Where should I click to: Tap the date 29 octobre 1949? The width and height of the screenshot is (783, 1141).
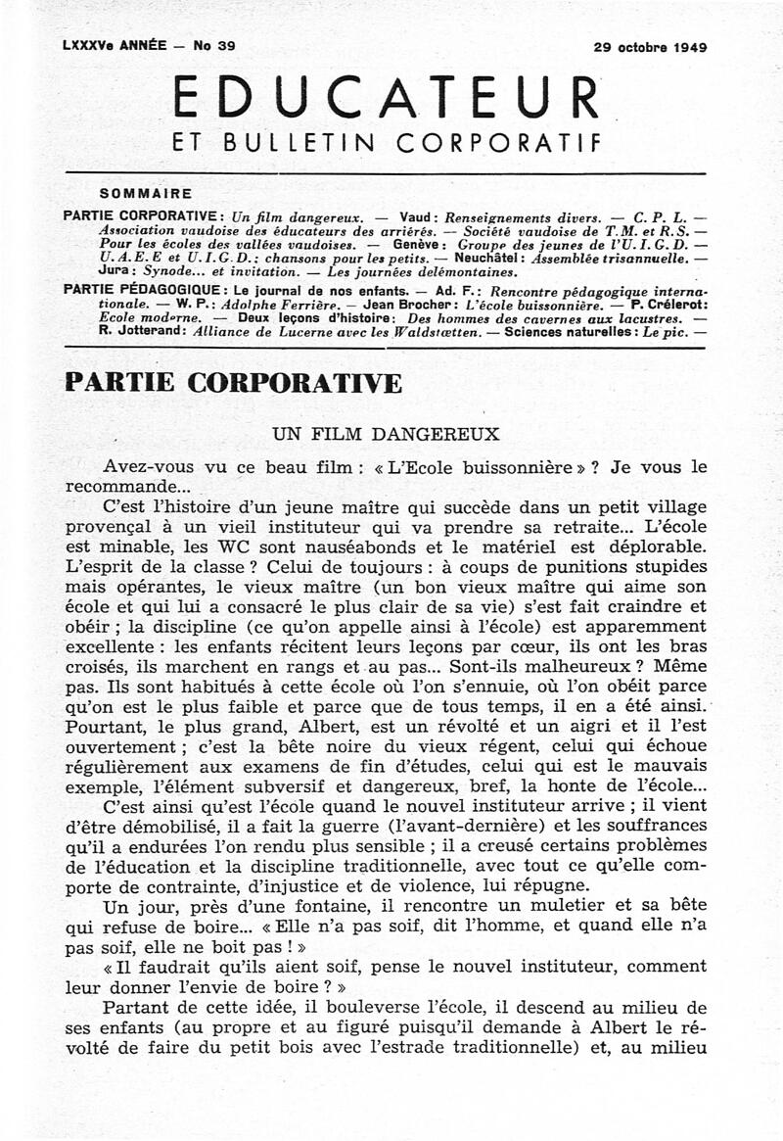click(650, 46)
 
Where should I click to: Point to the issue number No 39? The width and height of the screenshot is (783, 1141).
click(215, 46)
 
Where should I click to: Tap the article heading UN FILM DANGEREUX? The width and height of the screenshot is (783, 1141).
click(387, 433)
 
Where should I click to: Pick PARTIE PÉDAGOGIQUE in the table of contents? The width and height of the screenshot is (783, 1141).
click(138, 290)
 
